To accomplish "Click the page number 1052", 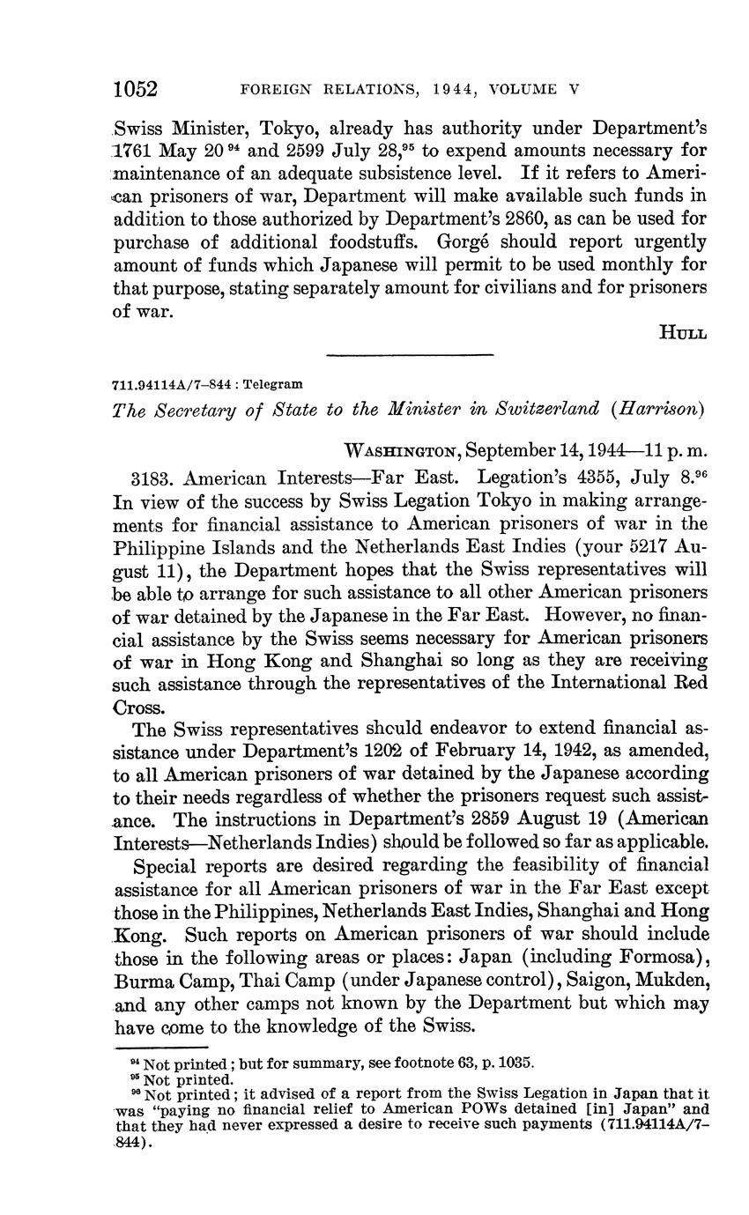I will (x=135, y=89).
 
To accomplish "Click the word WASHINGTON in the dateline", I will (x=400, y=452).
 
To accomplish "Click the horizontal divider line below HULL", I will (x=409, y=355).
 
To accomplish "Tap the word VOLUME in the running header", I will (x=523, y=90).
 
